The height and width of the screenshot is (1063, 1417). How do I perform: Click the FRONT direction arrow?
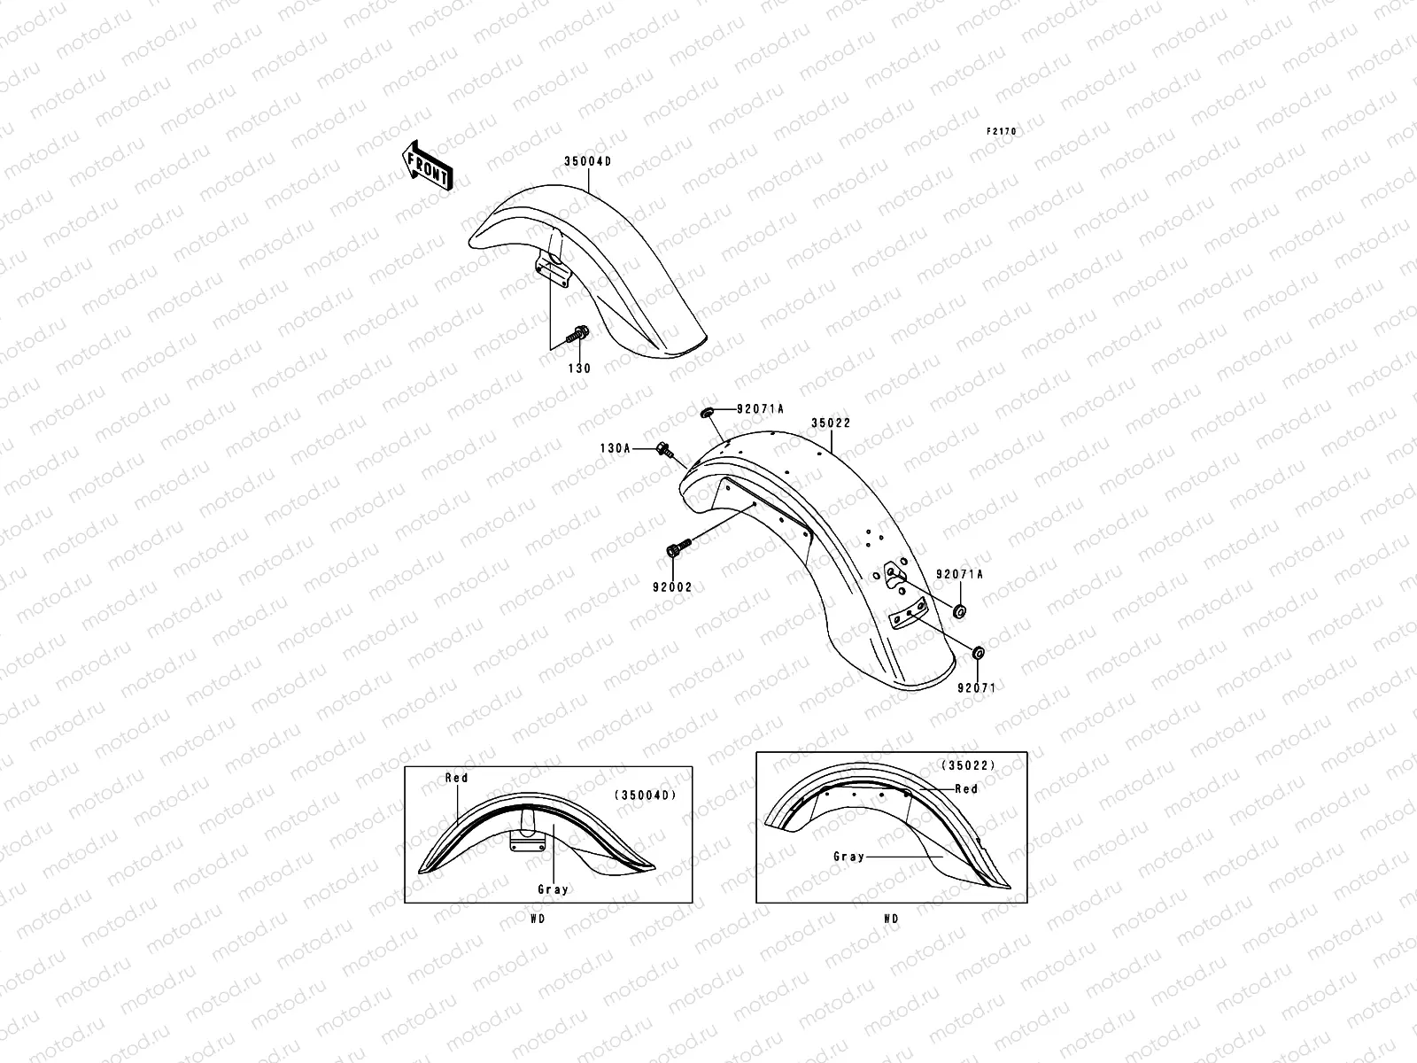(429, 166)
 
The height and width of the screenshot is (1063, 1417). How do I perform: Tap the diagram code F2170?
(1003, 132)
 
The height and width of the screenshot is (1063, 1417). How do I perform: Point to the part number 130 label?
(579, 369)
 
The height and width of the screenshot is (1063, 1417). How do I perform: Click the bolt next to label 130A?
(663, 450)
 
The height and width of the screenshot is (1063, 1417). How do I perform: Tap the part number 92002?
(673, 587)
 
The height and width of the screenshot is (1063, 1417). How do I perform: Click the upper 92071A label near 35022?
(760, 409)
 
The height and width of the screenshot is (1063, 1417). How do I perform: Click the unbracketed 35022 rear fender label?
(831, 423)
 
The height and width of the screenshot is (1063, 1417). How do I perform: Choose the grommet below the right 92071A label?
(959, 611)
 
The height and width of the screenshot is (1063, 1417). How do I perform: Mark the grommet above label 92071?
(978, 654)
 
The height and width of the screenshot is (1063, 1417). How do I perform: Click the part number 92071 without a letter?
(976, 687)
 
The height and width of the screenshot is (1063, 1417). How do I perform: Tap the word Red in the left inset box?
(456, 778)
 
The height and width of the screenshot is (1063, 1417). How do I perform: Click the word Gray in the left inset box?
(553, 889)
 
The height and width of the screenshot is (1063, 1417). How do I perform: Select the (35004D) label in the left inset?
(645, 795)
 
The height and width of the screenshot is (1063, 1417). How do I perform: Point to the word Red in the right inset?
(965, 788)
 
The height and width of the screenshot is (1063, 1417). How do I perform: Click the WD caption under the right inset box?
(891, 919)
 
